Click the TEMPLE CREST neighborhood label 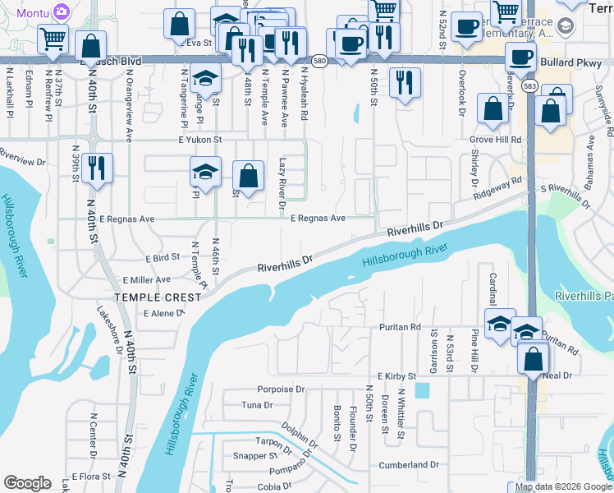tap(158, 297)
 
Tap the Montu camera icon tap(61, 12)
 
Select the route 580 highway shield tap(321, 62)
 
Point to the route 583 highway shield tap(530, 85)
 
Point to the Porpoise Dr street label tap(281, 389)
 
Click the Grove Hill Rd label tap(496, 140)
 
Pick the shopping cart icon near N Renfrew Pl tap(53, 38)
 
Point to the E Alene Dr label tap(163, 314)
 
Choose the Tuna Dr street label tap(257, 405)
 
